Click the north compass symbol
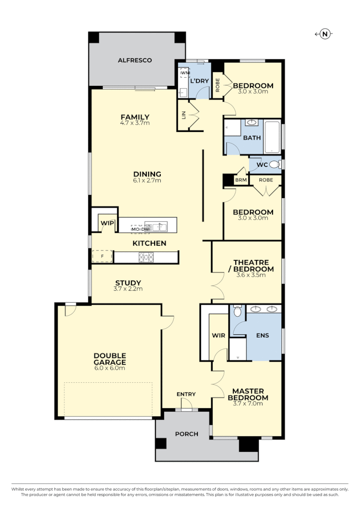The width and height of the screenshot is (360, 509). pos(325,34)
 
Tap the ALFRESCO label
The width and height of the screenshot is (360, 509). pos(135,60)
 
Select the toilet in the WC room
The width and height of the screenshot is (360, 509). pos(274,165)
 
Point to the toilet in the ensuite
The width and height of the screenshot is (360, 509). pos(237,312)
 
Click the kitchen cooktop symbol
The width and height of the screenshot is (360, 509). pos(146,258)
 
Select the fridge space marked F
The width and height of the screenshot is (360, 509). pos(102,257)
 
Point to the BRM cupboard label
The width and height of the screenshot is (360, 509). pos(240,180)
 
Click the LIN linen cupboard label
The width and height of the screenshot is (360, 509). pos(183,115)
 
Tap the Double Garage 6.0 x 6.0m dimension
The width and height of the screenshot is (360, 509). pos(110,368)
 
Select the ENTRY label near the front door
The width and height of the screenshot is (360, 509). pos(186,394)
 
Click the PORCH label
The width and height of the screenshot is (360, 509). pos(186,434)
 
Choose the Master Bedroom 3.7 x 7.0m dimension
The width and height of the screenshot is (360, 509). pos(248,403)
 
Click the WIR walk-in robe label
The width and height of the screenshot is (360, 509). pos(218,336)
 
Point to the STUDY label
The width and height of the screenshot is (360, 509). pos(128,283)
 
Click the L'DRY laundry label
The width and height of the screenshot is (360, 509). pos(200,81)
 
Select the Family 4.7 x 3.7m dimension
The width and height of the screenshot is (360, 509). pos(135,123)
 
